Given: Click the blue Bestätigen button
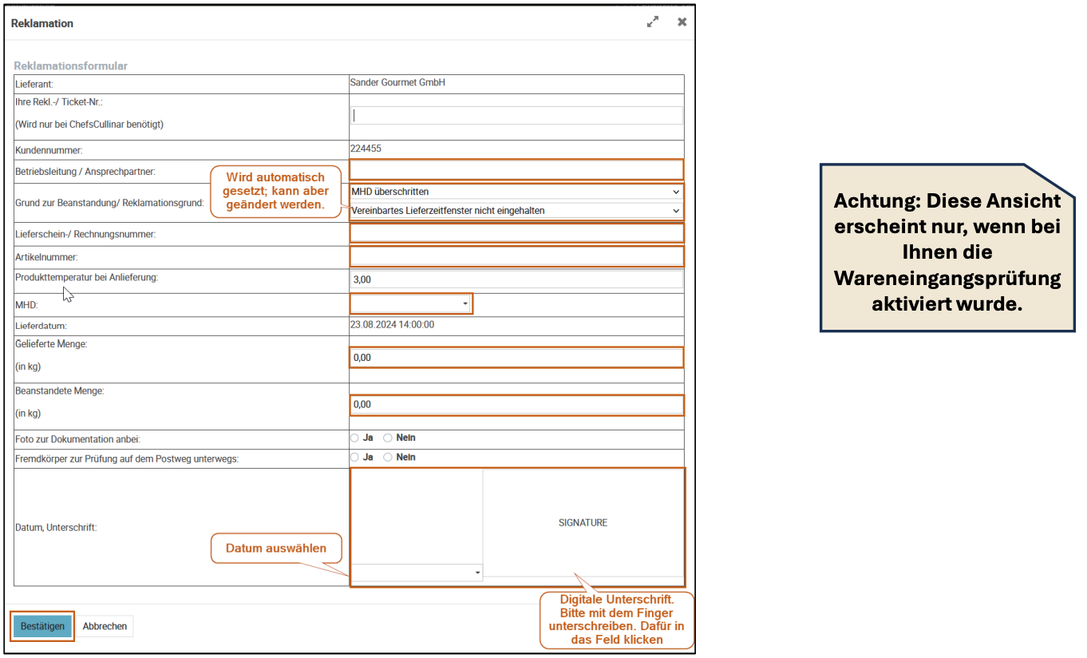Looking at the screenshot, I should (43, 626).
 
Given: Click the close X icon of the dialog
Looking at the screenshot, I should (682, 22).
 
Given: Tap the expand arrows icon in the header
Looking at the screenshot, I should (653, 22).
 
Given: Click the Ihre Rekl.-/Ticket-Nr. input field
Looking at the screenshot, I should (516, 116).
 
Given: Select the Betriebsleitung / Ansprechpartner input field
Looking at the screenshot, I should (516, 169).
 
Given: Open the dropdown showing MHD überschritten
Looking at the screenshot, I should (516, 192).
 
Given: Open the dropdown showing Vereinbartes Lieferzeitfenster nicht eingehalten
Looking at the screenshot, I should (516, 211).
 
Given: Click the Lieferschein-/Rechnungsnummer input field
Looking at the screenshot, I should (516, 233).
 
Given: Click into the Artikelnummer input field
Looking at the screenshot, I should (516, 256).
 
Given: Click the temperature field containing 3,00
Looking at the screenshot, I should (516, 279).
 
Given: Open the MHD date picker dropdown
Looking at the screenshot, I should (411, 303).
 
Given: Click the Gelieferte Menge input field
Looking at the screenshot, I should (516, 358).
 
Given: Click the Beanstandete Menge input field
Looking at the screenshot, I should (516, 405).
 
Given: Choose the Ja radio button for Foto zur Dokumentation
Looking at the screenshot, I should (355, 438).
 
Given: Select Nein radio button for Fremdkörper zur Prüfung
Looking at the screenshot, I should (389, 458).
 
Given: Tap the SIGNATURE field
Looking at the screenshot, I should (583, 523).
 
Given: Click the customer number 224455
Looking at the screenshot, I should (366, 149).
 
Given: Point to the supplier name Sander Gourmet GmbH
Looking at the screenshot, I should (397, 82).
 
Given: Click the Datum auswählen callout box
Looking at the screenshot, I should (276, 549).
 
